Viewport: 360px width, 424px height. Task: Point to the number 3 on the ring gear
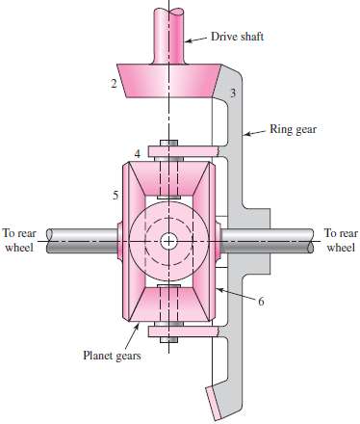[x=233, y=94]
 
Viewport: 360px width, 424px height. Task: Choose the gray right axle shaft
[x=279, y=239]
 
